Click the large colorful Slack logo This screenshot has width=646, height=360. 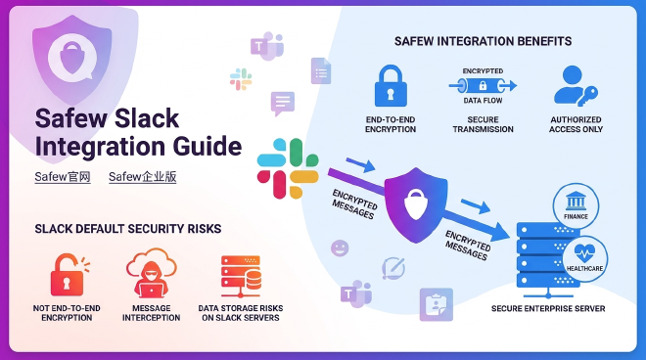tap(288, 168)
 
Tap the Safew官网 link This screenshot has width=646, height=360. tap(63, 177)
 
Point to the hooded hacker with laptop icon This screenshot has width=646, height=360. tap(150, 275)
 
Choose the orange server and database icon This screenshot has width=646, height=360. tap(240, 275)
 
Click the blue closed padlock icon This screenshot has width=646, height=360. tap(390, 86)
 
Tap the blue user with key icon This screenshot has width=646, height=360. tap(576, 86)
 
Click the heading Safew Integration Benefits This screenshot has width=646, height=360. tap(483, 41)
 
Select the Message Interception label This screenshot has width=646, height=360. tap(150, 313)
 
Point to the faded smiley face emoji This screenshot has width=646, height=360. tap(340, 247)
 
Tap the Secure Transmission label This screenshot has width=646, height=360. tap(482, 124)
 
